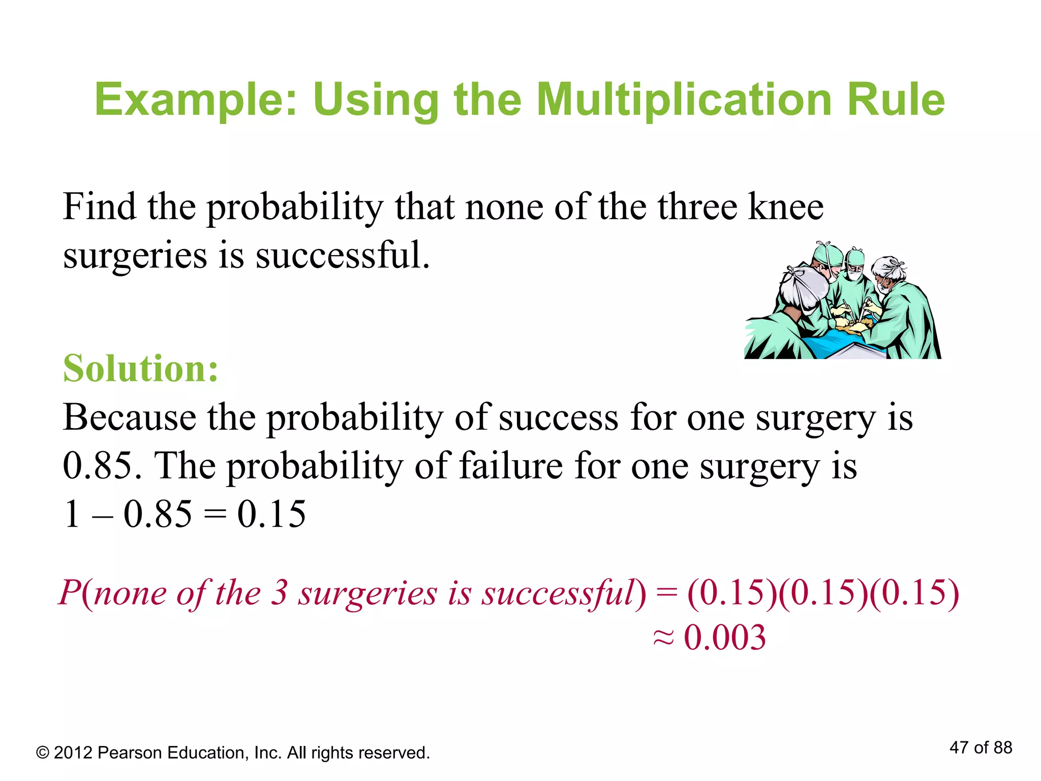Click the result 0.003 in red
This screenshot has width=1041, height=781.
tap(725, 638)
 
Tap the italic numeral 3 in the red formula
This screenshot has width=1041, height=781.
tap(279, 593)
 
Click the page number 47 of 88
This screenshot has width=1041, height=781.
tap(981, 747)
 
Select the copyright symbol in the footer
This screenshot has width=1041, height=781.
tap(43, 753)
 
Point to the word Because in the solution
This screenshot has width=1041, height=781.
tap(129, 417)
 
